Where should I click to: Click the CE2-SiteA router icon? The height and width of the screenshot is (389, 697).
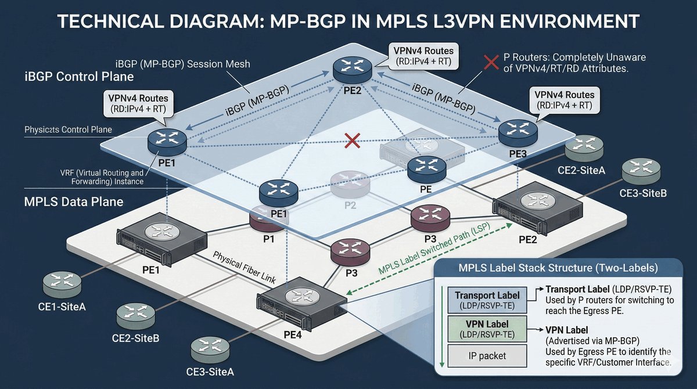click(584, 149)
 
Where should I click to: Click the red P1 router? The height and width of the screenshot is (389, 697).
click(268, 218)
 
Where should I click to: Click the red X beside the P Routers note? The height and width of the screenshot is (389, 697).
click(491, 63)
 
